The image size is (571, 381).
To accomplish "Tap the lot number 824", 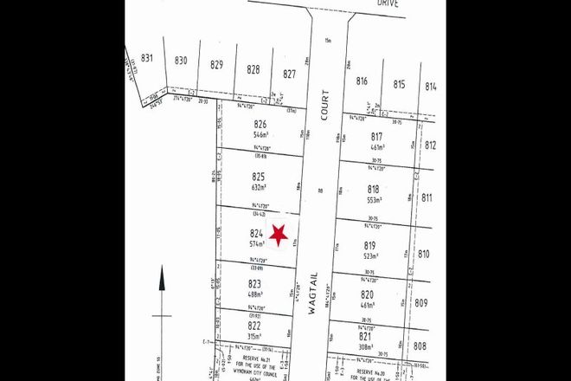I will (x=256, y=234).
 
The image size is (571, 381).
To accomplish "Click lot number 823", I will (x=254, y=284).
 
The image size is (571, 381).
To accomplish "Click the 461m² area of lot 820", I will (x=367, y=305).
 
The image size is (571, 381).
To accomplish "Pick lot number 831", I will (x=147, y=59).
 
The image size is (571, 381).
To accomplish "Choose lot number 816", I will (x=362, y=81).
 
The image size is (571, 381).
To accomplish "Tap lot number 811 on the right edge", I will (x=426, y=197).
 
